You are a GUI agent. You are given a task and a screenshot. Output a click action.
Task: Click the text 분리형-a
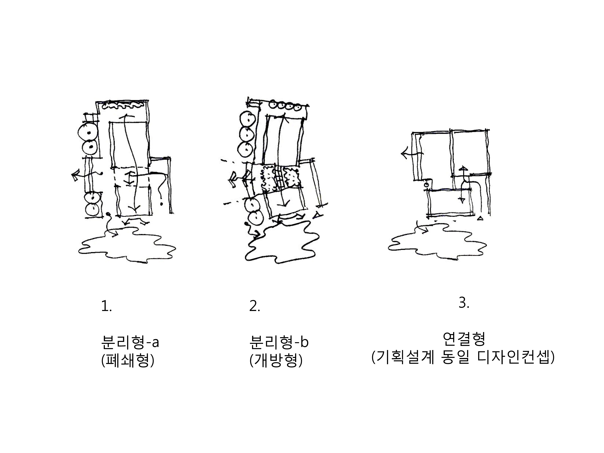(130, 342)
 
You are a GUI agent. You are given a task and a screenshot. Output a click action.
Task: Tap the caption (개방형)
(276, 361)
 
